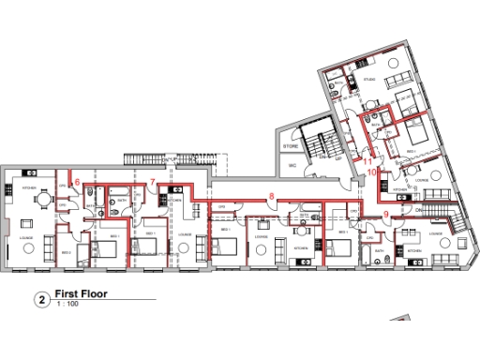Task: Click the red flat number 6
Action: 78,181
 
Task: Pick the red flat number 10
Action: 371,172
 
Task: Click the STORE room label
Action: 291,147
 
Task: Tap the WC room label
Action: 292,166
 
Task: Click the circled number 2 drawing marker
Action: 42,299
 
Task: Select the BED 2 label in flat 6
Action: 67,253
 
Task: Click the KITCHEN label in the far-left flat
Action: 29,188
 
